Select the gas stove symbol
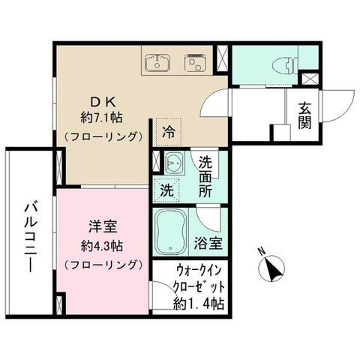click(x=195, y=62)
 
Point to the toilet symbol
click(x=285, y=64)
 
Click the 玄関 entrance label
click(x=304, y=115)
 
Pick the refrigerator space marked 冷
click(x=168, y=132)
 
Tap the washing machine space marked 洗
click(x=166, y=190)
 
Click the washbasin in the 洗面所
click(x=175, y=163)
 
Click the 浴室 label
click(x=208, y=243)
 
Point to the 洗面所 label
click(x=205, y=177)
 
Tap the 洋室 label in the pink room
click(x=103, y=226)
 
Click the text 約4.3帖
click(x=102, y=246)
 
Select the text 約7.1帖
click(x=101, y=117)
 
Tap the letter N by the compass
click(x=262, y=250)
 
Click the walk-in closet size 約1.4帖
click(x=199, y=304)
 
